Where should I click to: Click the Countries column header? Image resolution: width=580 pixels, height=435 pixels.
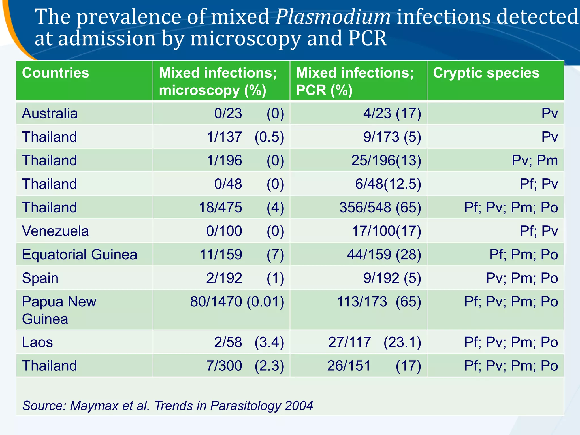(56, 73)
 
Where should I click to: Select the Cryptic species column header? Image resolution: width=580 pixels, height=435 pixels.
(486, 73)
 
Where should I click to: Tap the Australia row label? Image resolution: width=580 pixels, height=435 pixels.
(50, 114)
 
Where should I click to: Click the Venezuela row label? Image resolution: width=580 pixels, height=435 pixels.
(56, 231)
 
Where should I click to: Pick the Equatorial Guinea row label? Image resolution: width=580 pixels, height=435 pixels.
(80, 255)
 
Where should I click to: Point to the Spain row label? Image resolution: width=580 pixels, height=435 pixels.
(40, 278)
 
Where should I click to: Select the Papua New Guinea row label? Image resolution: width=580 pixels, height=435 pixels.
(59, 310)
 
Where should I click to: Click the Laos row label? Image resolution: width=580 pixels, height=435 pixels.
(37, 342)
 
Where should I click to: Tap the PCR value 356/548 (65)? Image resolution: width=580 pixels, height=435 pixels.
(380, 208)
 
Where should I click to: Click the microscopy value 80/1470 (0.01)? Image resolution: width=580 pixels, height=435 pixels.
(237, 302)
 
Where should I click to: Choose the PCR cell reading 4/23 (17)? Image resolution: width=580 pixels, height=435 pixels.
(392, 114)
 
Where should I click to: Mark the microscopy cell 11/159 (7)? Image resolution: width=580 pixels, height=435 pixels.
(242, 255)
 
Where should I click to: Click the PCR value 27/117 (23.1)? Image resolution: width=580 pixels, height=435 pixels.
(374, 342)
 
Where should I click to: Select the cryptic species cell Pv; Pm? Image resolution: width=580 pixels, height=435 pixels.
(535, 161)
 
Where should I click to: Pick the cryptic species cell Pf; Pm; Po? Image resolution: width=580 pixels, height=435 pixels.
(523, 255)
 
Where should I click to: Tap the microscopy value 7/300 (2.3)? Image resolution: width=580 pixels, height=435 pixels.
(245, 366)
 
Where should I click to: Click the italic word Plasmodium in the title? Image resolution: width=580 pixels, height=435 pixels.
(333, 17)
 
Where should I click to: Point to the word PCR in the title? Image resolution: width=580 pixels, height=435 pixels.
(367, 39)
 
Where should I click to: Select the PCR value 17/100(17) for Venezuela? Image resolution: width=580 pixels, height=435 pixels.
(386, 231)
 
